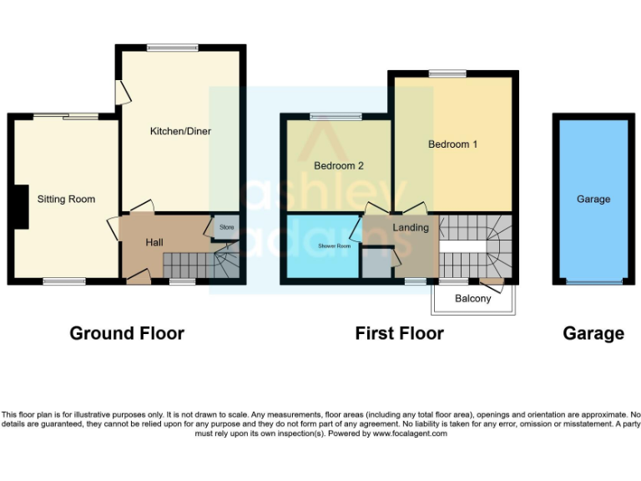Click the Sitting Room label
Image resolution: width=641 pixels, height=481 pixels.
tap(66, 199)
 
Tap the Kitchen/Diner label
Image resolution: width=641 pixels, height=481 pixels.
tap(180, 131)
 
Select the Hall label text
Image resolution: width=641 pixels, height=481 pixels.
tap(154, 242)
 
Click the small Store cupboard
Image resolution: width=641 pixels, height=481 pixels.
tap(226, 227)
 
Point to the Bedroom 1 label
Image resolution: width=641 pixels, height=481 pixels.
tap(452, 144)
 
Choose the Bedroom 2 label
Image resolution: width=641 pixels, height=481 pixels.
tap(338, 165)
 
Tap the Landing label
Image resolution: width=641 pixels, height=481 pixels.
tap(411, 227)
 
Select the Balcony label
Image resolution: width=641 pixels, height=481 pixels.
tap(472, 299)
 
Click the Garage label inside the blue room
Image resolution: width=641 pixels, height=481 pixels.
tap(593, 199)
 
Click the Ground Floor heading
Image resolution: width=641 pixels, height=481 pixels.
tap(127, 333)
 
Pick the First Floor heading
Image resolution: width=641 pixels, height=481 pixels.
tap(399, 333)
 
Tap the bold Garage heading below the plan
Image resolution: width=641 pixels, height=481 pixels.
tap(593, 333)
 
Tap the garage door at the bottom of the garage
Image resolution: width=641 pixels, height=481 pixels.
tap(593, 282)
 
